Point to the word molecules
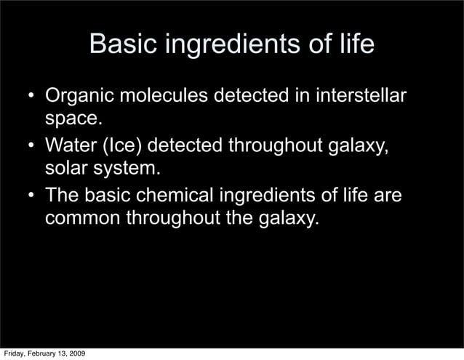pyautogui.click(x=171, y=97)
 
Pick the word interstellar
pyautogui.click(x=354, y=97)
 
